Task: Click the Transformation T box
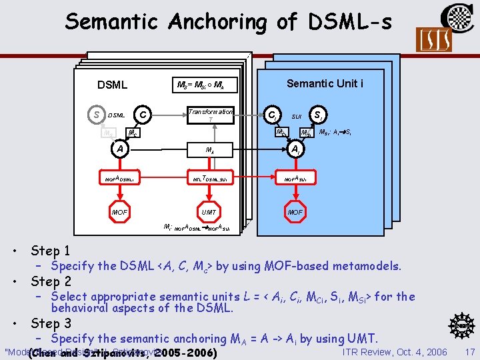tap(211, 115)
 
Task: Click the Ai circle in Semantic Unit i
tap(295, 149)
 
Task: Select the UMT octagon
tap(211, 211)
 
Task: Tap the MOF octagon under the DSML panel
tap(119, 211)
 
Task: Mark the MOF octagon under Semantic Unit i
tap(295, 211)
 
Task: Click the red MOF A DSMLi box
tap(119, 179)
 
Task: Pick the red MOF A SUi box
tap(295, 179)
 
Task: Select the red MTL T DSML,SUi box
tap(211, 179)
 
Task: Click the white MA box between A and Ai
tap(211, 149)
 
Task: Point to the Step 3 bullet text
tap(50, 324)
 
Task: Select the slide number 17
tap(469, 351)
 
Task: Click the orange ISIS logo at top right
tap(433, 40)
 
